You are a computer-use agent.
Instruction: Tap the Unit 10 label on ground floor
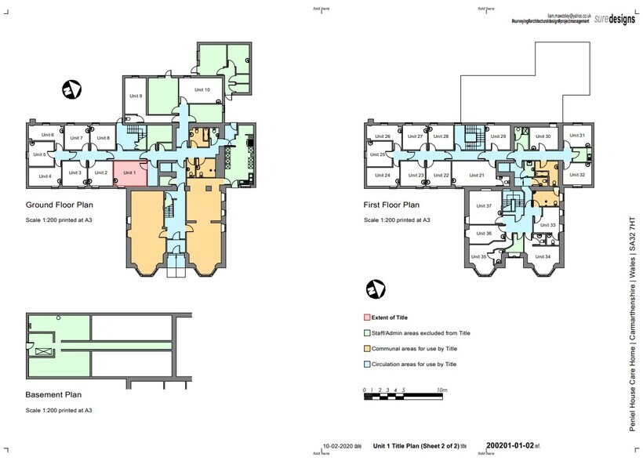tap(202, 90)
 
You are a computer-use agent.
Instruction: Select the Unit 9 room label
tap(135, 96)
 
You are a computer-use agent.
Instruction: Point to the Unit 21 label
tap(476, 175)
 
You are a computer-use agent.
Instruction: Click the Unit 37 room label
tap(484, 206)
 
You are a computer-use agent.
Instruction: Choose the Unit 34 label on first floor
tap(543, 256)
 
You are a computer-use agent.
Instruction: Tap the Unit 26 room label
tap(383, 136)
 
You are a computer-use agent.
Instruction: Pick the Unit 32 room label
tap(576, 174)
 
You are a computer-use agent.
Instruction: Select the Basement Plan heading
tap(53, 395)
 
